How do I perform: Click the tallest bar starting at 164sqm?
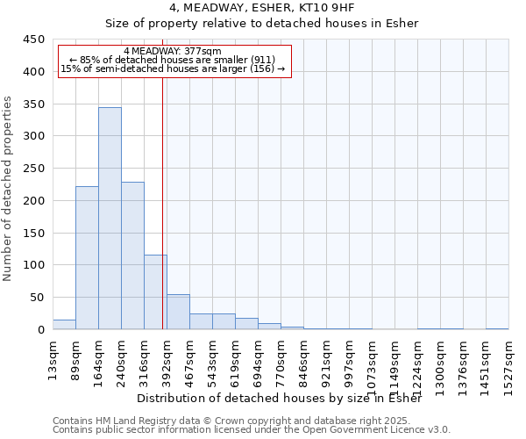click(x=110, y=219)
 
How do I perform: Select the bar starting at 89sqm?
click(x=87, y=258)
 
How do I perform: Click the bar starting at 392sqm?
click(x=178, y=312)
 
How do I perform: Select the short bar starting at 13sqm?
click(x=64, y=324)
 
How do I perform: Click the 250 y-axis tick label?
click(x=34, y=169)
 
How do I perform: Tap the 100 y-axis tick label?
click(x=34, y=265)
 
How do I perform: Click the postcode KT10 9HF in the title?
click(x=320, y=8)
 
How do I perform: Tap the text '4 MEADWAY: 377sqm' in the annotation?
click(x=173, y=52)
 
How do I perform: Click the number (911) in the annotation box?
click(x=262, y=60)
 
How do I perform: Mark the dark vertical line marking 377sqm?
click(x=162, y=202)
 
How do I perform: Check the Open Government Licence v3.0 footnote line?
click(x=251, y=429)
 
